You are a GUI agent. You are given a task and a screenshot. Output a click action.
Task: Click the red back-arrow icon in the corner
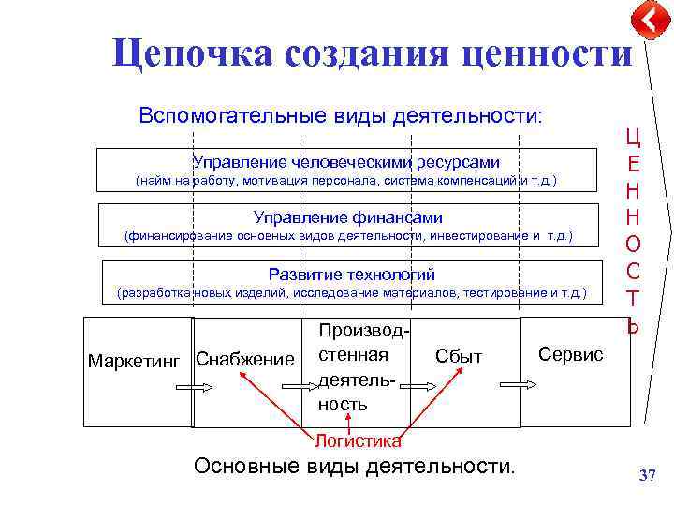pos(650,20)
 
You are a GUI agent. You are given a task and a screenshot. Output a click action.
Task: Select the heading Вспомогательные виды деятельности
pos(340,116)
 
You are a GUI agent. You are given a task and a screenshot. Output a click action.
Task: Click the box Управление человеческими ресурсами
pos(346,170)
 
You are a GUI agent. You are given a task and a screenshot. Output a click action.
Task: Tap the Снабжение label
pos(244,360)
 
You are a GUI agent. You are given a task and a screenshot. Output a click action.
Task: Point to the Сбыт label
pos(459,356)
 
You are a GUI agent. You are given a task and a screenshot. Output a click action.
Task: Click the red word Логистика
pos(358,440)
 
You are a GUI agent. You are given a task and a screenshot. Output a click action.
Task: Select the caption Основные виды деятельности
pos(354,466)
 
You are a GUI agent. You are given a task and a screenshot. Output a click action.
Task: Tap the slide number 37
pos(647,476)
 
